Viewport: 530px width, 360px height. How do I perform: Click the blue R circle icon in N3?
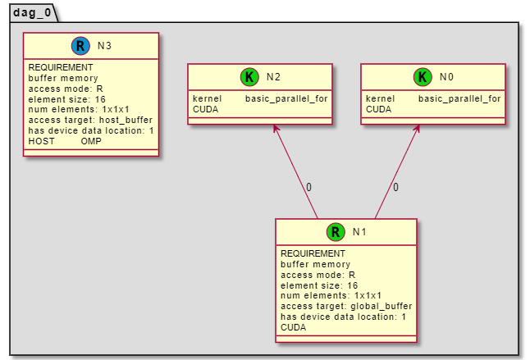pyautogui.click(x=80, y=46)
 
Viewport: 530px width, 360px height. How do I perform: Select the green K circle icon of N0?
pyautogui.click(x=423, y=77)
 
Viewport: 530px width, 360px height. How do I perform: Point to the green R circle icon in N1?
pyautogui.click(x=335, y=232)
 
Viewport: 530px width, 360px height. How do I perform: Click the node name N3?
pyautogui.click(x=104, y=46)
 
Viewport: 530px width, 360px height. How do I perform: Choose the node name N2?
pyautogui.click(x=274, y=77)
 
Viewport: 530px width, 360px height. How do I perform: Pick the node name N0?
pyautogui.click(x=446, y=77)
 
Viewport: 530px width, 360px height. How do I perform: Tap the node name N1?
pyautogui.click(x=359, y=232)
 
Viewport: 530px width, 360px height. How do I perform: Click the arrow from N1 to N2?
pyautogui.click(x=295, y=171)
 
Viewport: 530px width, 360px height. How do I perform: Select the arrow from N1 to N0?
pyautogui.click(x=397, y=171)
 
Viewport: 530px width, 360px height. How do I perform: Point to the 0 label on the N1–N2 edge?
pyautogui.click(x=308, y=188)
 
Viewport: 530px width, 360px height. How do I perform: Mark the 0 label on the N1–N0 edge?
pyautogui.click(x=395, y=188)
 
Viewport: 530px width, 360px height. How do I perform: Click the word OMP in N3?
pyautogui.click(x=91, y=141)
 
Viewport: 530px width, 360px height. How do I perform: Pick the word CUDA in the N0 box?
pyautogui.click(x=378, y=109)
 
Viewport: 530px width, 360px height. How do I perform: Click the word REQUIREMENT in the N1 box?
pyautogui.click(x=313, y=253)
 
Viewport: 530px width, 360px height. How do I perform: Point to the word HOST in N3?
pyautogui.click(x=42, y=141)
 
